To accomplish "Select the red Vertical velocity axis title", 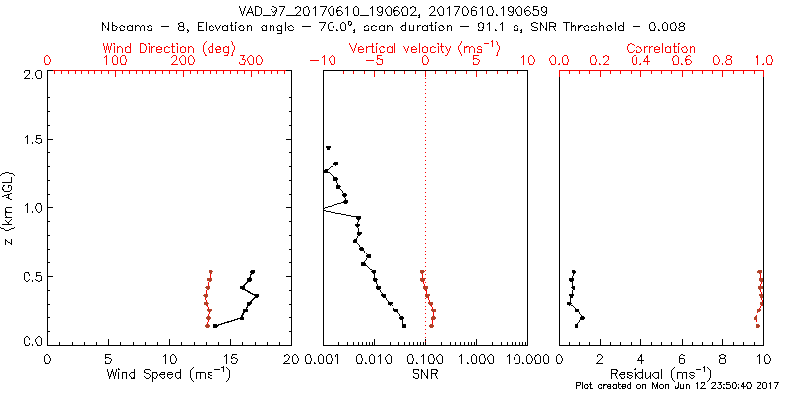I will [424, 48].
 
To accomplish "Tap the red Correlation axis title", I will [661, 48].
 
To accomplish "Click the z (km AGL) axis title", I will [10, 206].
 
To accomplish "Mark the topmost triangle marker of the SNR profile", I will [328, 148].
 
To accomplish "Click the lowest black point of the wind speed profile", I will [215, 325].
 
